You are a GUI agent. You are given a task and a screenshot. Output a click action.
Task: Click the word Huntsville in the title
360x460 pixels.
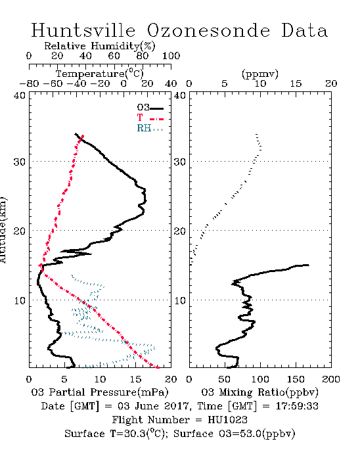[x=83, y=30]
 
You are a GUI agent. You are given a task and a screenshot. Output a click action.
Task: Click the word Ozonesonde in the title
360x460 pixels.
[x=208, y=30]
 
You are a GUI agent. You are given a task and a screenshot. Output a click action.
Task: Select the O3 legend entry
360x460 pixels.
[x=150, y=108]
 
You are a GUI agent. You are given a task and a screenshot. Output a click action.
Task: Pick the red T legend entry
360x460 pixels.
[x=150, y=118]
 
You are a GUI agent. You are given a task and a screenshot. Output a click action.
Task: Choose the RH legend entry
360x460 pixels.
[x=150, y=128]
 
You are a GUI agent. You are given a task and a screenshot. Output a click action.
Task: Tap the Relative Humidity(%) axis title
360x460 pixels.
[x=100, y=46]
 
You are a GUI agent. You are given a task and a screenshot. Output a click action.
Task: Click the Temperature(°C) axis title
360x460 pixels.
[x=100, y=73]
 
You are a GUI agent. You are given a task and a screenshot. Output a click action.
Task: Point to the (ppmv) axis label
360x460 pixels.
[x=260, y=74]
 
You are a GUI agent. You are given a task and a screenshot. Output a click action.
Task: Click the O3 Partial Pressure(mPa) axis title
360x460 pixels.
[x=100, y=392]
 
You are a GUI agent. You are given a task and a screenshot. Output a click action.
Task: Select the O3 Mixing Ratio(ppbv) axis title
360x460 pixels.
[x=259, y=392]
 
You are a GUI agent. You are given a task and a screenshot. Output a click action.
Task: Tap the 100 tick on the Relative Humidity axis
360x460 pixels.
[x=171, y=56]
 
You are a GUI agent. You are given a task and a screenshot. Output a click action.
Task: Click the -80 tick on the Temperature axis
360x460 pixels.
[x=29, y=83]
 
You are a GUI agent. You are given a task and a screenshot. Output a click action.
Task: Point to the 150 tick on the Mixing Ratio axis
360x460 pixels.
[x=296, y=379]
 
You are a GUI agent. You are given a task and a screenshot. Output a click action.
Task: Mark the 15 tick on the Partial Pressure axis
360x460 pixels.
[x=135, y=379]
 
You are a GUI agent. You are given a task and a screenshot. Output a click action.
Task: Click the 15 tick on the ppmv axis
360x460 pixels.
[x=296, y=83]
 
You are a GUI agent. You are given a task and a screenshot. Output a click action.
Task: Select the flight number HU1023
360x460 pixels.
[x=227, y=420]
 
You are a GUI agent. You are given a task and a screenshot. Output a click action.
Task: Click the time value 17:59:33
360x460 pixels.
[x=297, y=406]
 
